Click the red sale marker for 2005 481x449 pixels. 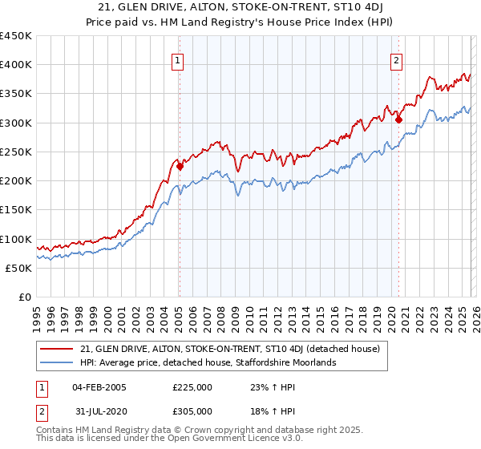click(x=180, y=167)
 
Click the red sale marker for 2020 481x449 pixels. click(x=398, y=120)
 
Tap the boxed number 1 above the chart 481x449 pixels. click(x=177, y=59)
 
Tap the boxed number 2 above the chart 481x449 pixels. click(x=396, y=59)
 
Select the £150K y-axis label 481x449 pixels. click(x=16, y=210)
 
